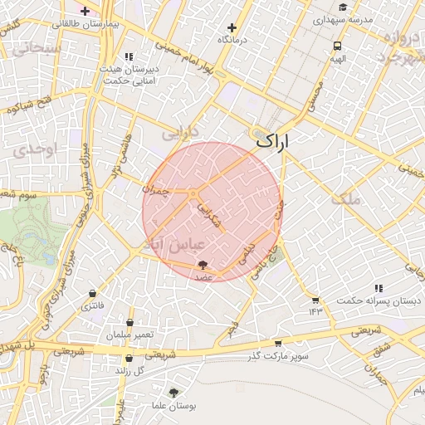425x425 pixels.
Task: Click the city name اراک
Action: pos(275,141)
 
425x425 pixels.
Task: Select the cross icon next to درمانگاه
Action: pos(232,27)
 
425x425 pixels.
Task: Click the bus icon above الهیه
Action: pos(337,46)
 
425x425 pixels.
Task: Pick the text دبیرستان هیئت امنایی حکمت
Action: pos(129,76)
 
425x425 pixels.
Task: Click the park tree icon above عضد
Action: pos(203,264)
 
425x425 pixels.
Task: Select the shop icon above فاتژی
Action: pos(92,294)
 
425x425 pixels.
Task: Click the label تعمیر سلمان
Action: pos(129,335)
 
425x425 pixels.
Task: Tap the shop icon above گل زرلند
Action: pos(129,359)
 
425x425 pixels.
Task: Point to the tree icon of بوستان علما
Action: pos(173,392)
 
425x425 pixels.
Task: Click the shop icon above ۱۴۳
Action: pos(315,300)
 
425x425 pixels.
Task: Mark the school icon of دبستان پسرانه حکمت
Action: pos(379,287)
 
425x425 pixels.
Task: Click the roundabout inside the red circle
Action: pos(193,194)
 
